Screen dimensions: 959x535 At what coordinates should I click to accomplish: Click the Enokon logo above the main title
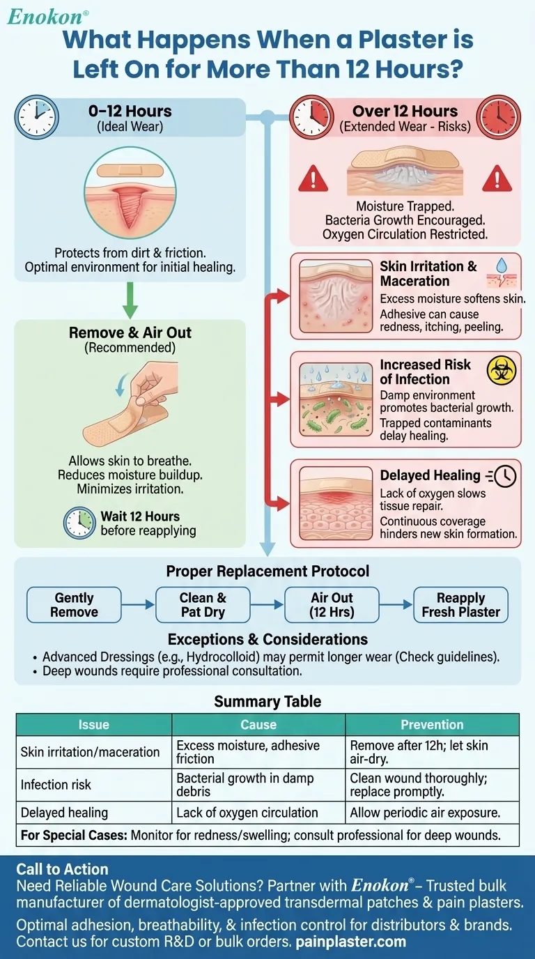click(47, 16)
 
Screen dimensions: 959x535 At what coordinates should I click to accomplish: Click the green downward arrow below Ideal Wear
click(130, 300)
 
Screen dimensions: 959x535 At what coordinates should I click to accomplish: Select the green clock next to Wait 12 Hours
click(78, 523)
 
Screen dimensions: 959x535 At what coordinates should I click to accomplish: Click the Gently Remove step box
click(74, 605)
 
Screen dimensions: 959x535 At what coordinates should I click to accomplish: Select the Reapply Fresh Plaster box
click(460, 605)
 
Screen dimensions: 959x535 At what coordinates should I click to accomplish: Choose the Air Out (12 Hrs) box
click(332, 605)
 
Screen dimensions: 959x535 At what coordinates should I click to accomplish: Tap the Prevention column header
click(432, 724)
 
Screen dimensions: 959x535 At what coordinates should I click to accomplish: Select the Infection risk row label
click(56, 785)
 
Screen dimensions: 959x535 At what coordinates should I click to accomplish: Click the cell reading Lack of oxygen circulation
click(247, 813)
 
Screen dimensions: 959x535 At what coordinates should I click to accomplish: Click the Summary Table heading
click(267, 701)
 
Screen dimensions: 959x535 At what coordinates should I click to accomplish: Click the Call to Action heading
click(63, 869)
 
